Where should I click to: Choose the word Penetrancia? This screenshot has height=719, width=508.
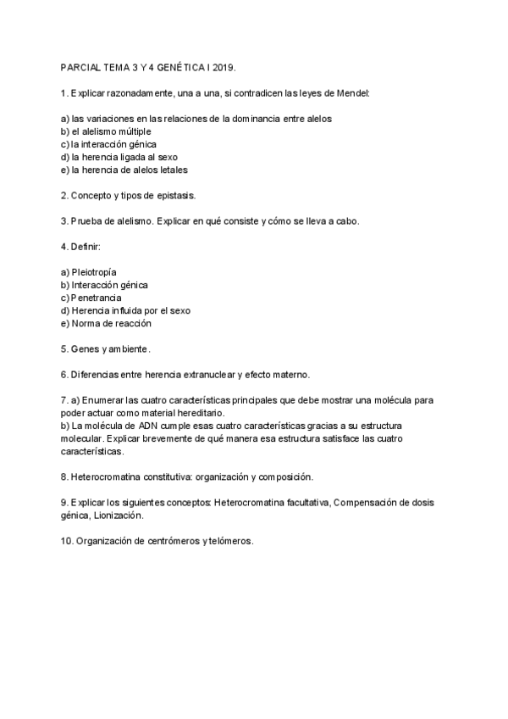[97, 298]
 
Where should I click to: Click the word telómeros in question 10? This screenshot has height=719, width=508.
[229, 541]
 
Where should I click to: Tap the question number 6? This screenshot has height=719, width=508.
[64, 375]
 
